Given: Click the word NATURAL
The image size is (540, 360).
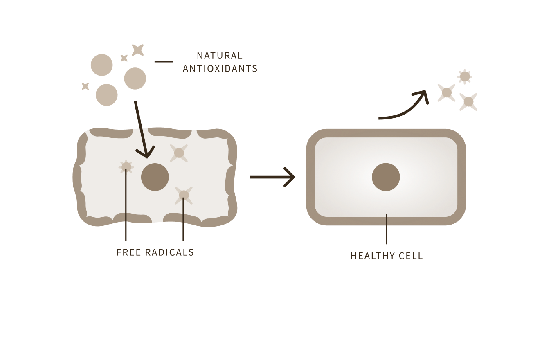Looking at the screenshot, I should [x=220, y=56].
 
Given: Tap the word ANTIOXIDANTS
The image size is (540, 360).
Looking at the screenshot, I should [x=220, y=69].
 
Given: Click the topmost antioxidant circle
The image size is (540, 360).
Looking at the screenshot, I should [x=101, y=65].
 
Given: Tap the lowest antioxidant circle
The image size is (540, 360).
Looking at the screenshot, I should [x=107, y=94].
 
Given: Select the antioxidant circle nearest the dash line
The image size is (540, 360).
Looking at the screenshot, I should [x=135, y=78].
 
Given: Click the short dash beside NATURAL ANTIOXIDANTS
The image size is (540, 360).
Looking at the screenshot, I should [x=163, y=62].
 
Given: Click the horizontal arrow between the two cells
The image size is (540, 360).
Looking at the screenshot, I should [x=272, y=177].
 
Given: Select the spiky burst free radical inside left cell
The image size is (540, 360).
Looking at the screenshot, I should [x=126, y=166].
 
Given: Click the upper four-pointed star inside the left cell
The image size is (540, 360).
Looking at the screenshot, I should [x=179, y=153].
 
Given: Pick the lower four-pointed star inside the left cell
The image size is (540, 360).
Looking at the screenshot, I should [x=184, y=195].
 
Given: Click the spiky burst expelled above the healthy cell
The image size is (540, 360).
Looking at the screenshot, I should [x=465, y=76].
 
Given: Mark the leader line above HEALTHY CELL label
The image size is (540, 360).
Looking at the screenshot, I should [x=386, y=229].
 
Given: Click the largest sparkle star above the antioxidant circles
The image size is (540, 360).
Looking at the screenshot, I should [x=138, y=50].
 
